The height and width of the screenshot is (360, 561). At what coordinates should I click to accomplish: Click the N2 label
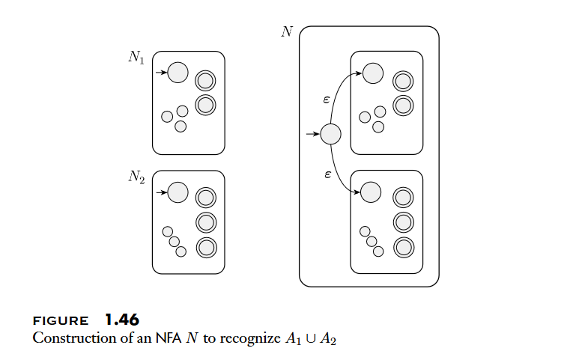click(136, 177)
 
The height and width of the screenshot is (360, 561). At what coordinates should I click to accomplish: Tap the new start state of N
click(330, 135)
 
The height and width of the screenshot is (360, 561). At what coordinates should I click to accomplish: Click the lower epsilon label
click(327, 173)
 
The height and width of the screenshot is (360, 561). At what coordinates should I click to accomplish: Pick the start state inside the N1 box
click(178, 73)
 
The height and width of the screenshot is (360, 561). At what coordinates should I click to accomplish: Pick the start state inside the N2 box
click(178, 192)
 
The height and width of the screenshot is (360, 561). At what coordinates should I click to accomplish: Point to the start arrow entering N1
click(161, 73)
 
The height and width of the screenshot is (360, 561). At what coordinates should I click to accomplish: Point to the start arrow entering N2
click(161, 192)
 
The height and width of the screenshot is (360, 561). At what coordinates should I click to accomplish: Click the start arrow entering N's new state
click(313, 135)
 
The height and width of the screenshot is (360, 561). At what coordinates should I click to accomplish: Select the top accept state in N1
click(205, 80)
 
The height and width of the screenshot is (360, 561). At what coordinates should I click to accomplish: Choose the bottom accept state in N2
click(206, 247)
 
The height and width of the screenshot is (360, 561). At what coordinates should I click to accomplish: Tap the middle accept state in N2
click(206, 222)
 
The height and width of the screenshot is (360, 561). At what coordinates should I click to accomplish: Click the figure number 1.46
click(121, 320)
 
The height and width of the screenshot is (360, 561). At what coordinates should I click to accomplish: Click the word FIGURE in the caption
click(61, 321)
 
